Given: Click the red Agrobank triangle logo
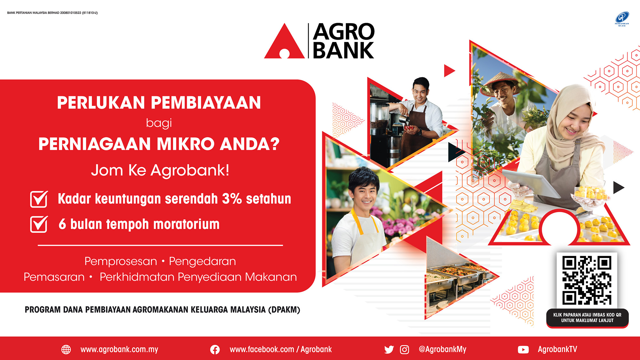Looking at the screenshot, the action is coord(284,43).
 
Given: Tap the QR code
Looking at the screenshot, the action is coord(587,280).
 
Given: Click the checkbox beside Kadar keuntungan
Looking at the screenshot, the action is coord(39,199).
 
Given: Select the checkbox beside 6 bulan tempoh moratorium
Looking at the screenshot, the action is coord(39,224).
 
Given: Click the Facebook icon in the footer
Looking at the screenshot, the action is coord(215,350).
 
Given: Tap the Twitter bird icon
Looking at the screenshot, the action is coord(389,350).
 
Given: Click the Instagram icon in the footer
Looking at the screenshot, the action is coord(404,350).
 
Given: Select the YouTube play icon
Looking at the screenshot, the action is coord(523,350).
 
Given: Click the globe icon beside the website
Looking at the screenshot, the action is coord(66,349).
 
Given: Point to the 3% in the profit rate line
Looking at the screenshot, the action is coord(232,199).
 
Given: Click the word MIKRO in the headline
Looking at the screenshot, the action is coord(186,144).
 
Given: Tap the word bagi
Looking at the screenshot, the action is coord(159,123).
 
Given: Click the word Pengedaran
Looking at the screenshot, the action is coord(203,261).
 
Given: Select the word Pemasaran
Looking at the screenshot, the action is coord(54,277).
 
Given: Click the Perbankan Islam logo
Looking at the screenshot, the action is coord(622,19).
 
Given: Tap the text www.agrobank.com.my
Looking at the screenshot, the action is coord(119,349).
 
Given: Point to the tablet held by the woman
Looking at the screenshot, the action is coord(531,182).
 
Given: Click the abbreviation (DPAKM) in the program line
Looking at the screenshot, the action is coord(284,310).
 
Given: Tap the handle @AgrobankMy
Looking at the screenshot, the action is coord(443,349).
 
